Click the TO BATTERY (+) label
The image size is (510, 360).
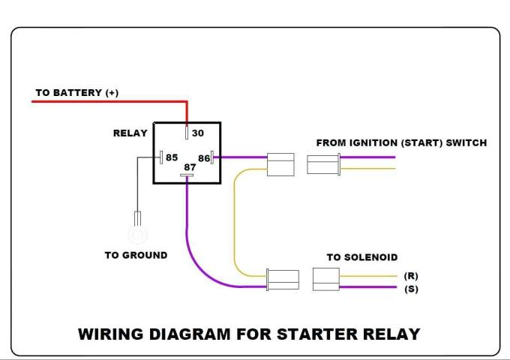pyautogui.click(x=76, y=93)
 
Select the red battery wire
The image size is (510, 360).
pyautogui.click(x=105, y=101)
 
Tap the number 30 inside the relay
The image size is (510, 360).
pyautogui.click(x=198, y=133)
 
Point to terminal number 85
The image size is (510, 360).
pyautogui.click(x=172, y=158)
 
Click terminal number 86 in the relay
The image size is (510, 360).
pyautogui.click(x=203, y=158)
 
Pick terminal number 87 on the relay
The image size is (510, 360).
pyautogui.click(x=190, y=167)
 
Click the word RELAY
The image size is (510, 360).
pyautogui.click(x=130, y=133)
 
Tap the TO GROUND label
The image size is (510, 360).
pyautogui.click(x=136, y=256)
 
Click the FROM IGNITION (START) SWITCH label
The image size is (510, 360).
pyautogui.click(x=401, y=142)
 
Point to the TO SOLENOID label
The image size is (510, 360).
pyautogui.click(x=361, y=257)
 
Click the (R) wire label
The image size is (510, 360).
pyautogui.click(x=411, y=276)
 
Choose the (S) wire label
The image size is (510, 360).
pyautogui.click(x=411, y=289)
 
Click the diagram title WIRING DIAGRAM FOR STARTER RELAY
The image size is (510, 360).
pyautogui.click(x=249, y=334)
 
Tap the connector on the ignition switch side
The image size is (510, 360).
pyautogui.click(x=324, y=163)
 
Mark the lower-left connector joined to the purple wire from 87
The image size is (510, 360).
pyautogui.click(x=283, y=280)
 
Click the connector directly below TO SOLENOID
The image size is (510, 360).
pyautogui.click(x=325, y=280)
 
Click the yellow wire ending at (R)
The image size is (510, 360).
pyautogui.click(x=367, y=275)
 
